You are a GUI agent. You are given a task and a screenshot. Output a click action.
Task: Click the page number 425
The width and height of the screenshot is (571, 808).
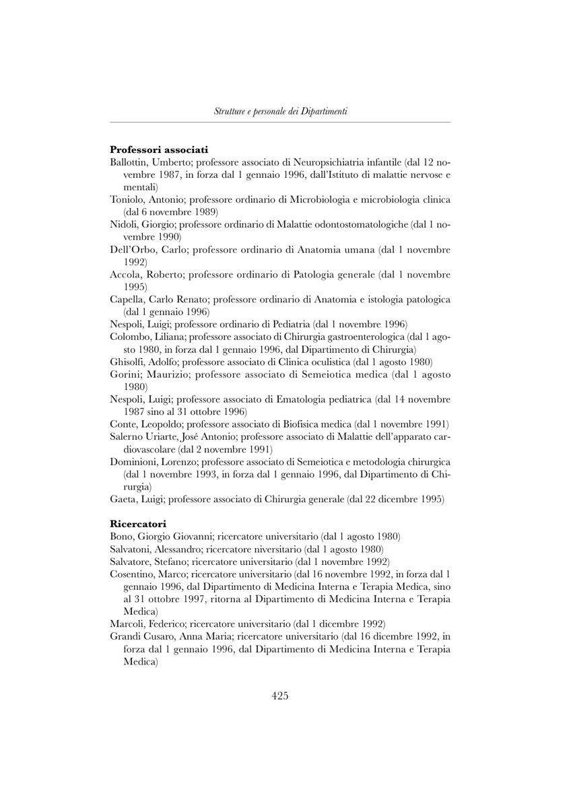[x=280, y=696]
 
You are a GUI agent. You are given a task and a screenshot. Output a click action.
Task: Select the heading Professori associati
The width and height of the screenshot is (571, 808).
[x=159, y=149]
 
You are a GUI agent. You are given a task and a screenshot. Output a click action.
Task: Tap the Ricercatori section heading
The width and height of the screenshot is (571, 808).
[x=138, y=523]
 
